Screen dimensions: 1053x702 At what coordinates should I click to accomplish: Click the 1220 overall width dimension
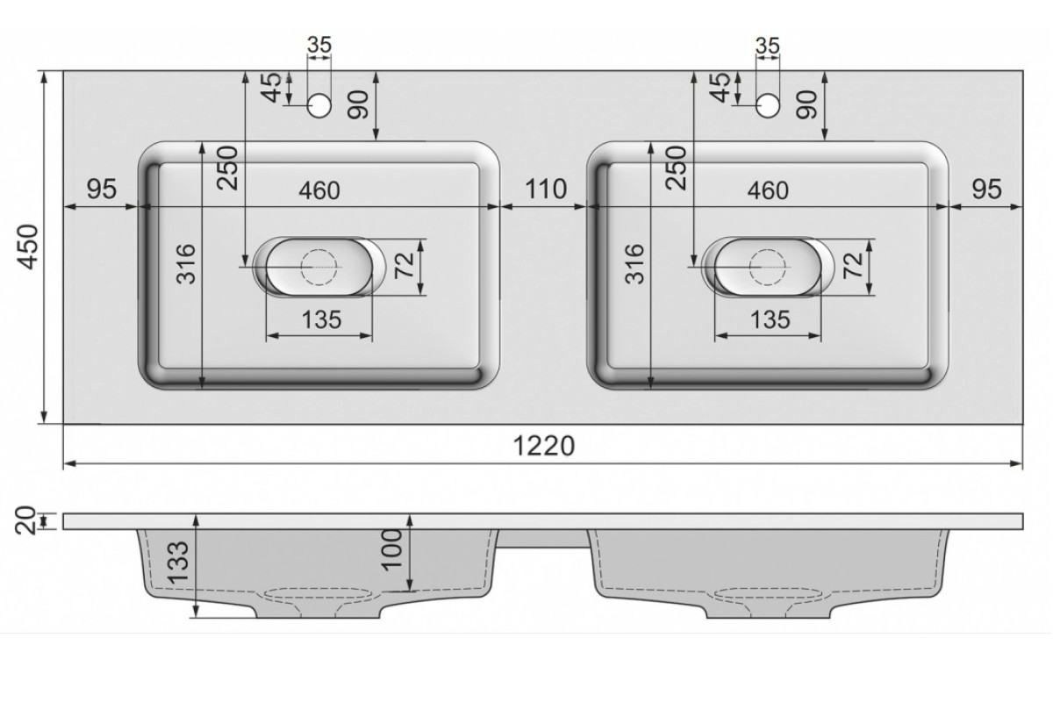point(544,446)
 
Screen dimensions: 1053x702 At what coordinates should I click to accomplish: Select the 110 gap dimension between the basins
point(546,189)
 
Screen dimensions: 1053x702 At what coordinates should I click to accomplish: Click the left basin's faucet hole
point(319,105)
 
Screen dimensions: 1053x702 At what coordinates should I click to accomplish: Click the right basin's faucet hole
point(768,105)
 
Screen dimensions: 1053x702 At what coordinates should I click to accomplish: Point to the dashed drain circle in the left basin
point(319,267)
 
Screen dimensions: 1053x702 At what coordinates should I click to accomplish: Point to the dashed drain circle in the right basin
point(768,267)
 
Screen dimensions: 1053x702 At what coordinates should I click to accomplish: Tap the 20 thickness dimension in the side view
point(25,520)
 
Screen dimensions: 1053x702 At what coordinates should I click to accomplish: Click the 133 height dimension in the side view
point(179,562)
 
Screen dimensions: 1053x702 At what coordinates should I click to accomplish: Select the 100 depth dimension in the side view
point(392,549)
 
